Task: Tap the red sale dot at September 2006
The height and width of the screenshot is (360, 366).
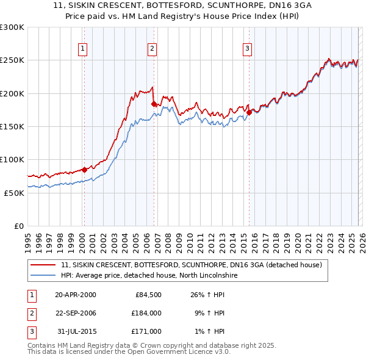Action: pos(154,104)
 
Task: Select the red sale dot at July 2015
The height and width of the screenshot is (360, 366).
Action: pos(249,113)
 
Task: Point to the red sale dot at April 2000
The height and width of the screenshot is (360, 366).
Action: pos(84,170)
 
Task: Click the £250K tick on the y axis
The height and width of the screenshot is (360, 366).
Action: pos(12,60)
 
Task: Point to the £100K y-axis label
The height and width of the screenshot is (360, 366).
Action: pos(12,159)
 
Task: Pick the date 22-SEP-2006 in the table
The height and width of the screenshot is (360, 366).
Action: pos(76,313)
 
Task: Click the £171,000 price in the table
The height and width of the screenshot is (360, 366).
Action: pos(146,331)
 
